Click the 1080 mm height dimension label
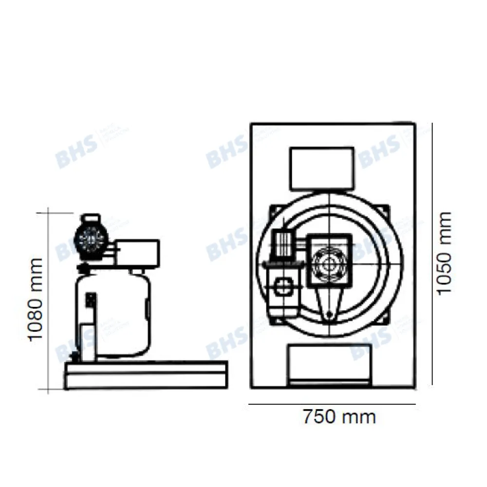pos(34,300)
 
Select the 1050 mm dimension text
pos(444,253)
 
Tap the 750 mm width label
pos(339,417)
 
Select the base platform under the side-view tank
pos(146,375)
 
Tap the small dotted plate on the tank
pos(90,300)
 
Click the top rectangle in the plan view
pos(321,169)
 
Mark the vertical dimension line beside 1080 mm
pos(49,300)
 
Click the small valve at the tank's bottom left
pos(75,358)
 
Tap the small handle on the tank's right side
pos(148,308)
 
